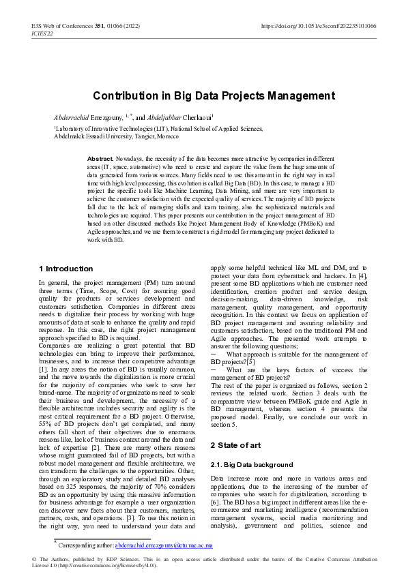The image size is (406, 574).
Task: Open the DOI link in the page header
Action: (x=318, y=26)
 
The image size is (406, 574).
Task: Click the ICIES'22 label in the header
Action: (x=43, y=33)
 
